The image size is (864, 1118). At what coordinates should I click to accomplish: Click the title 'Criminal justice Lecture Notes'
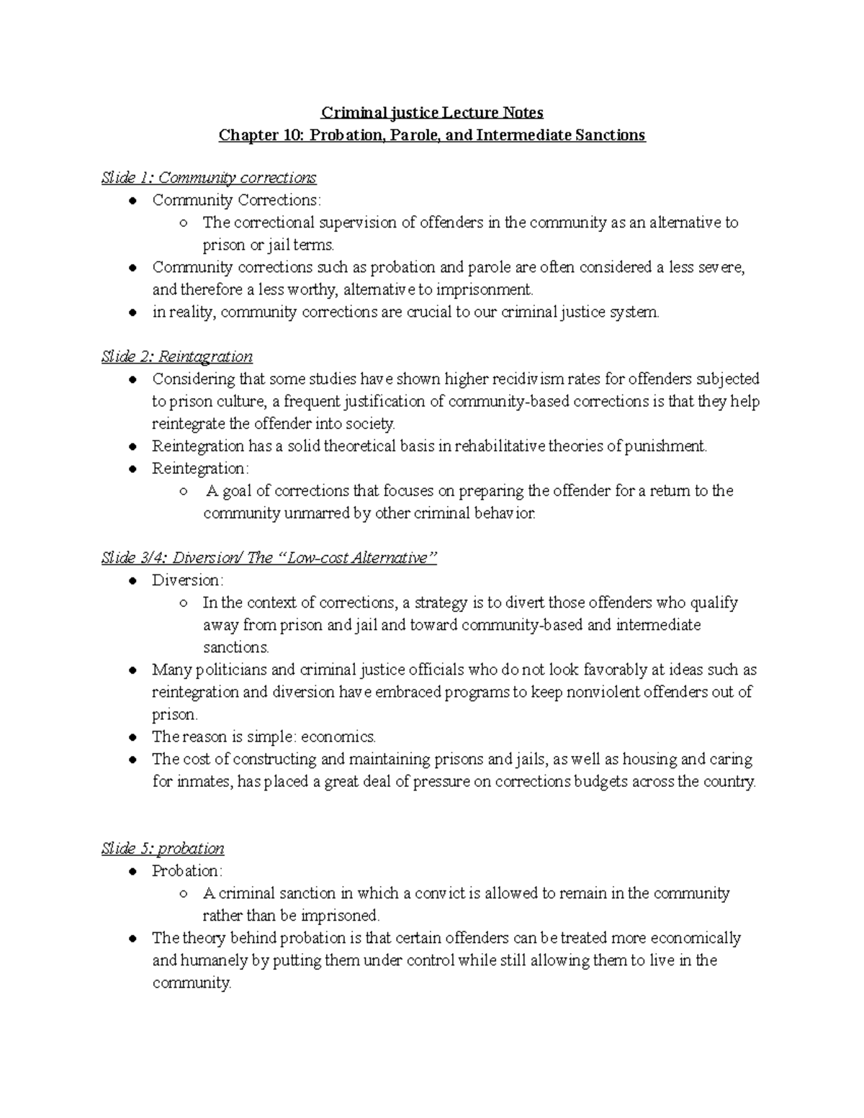[x=432, y=112]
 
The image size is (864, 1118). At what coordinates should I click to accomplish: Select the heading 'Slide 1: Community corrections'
[x=209, y=177]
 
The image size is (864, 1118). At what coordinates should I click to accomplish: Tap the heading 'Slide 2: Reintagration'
[x=177, y=356]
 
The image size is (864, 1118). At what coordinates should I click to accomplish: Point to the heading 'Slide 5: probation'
[x=163, y=848]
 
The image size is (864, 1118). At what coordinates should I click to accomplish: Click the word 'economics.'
[x=338, y=736]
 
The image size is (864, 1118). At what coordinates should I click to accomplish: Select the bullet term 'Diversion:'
[x=188, y=580]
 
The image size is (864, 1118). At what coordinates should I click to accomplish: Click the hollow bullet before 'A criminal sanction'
[x=184, y=893]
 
